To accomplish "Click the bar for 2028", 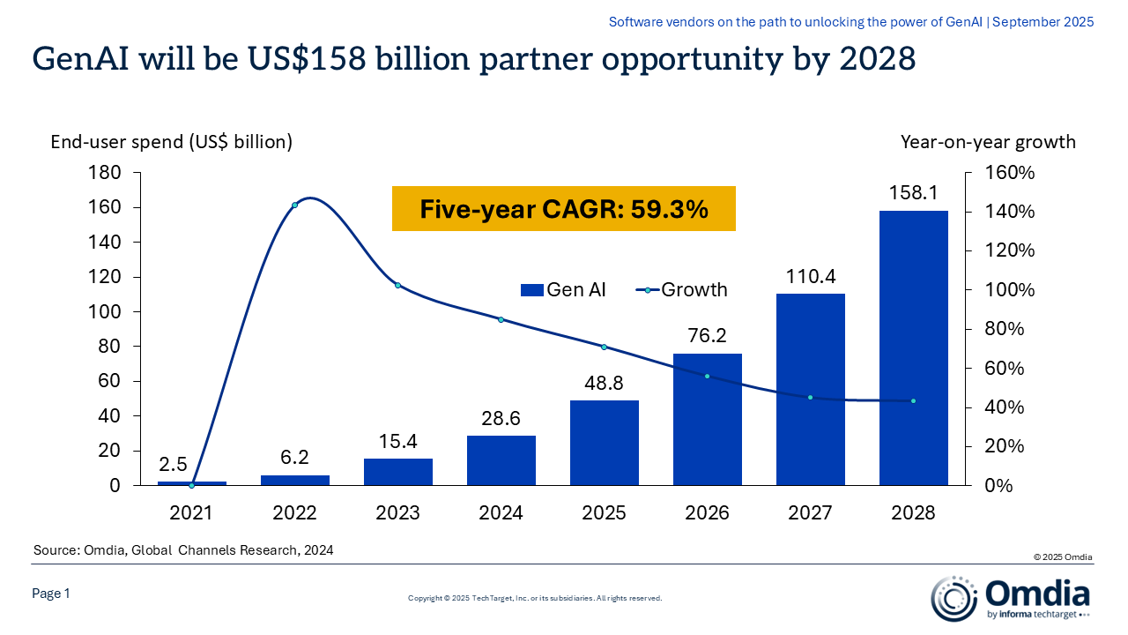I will pos(913,347).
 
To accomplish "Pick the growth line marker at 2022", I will pos(294,205).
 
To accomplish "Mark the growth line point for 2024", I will pos(501,319).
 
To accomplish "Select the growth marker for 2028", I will pos(913,401).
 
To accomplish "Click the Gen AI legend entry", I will pos(563,289).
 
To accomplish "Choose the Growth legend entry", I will pos(681,289).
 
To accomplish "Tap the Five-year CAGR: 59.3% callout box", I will pos(563,209).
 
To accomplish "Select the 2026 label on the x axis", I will pos(707,512).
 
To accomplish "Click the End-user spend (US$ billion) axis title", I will pos(171,141).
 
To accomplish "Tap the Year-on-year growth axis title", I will pos(988,141).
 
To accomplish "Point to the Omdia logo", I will pos(1011,597).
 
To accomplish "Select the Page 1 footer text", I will pos(51,594).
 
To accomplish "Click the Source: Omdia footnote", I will pos(183,550).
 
